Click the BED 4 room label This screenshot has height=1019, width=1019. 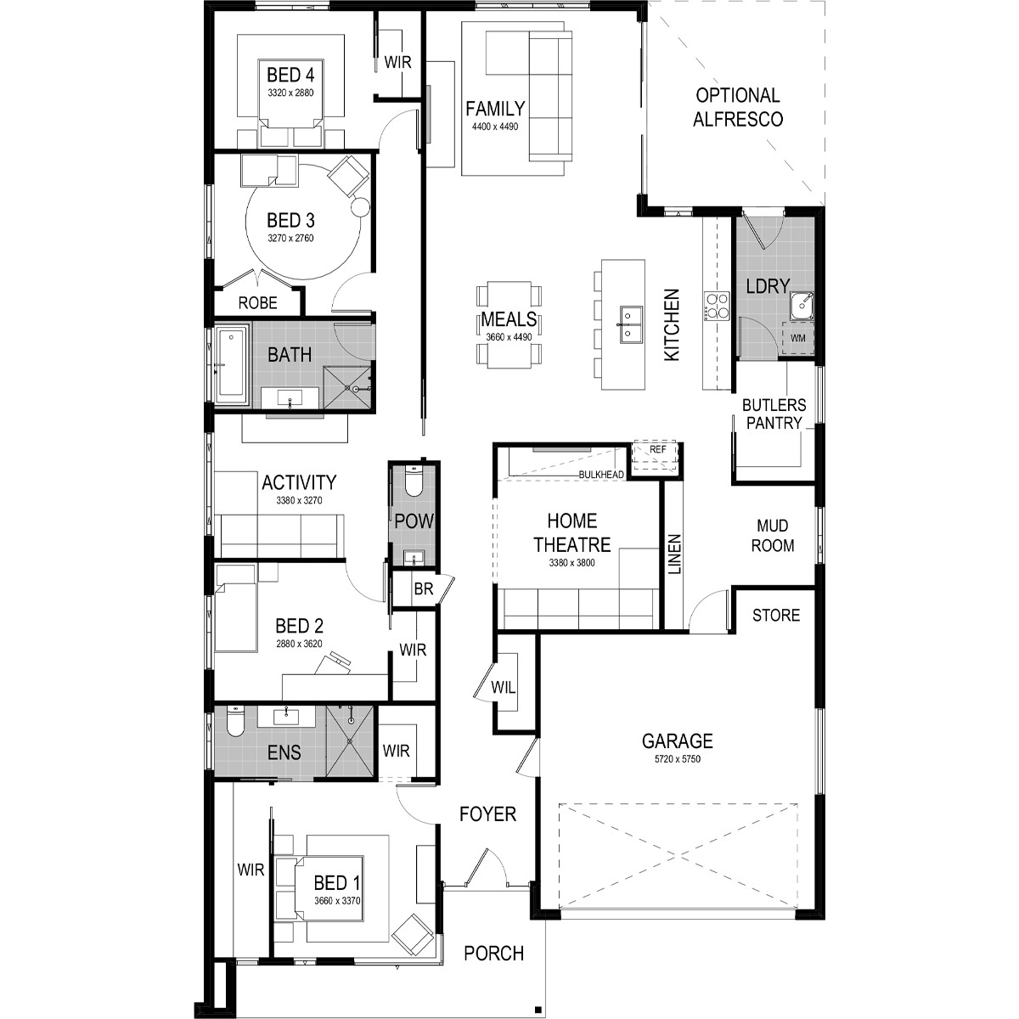(290, 75)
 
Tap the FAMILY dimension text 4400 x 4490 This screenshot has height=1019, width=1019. (495, 127)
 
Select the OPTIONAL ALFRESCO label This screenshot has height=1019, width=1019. (738, 107)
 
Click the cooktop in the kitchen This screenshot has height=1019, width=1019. (716, 307)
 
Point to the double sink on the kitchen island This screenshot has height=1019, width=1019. (630, 323)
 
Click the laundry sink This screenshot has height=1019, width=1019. (802, 307)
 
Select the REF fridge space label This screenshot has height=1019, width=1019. (657, 449)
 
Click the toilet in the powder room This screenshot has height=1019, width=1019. (413, 481)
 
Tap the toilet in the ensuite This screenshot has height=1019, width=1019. (234, 721)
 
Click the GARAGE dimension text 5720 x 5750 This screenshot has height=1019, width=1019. (678, 759)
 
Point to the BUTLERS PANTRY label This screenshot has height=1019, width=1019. (774, 414)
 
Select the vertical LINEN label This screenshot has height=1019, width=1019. (674, 555)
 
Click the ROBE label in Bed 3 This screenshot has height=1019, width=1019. (257, 303)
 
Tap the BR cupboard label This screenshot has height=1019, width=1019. (424, 588)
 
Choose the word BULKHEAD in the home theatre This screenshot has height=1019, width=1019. (601, 475)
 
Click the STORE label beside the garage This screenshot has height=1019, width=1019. (776, 616)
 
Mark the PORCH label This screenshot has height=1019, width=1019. (494, 954)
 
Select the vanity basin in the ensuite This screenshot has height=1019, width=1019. (286, 717)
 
